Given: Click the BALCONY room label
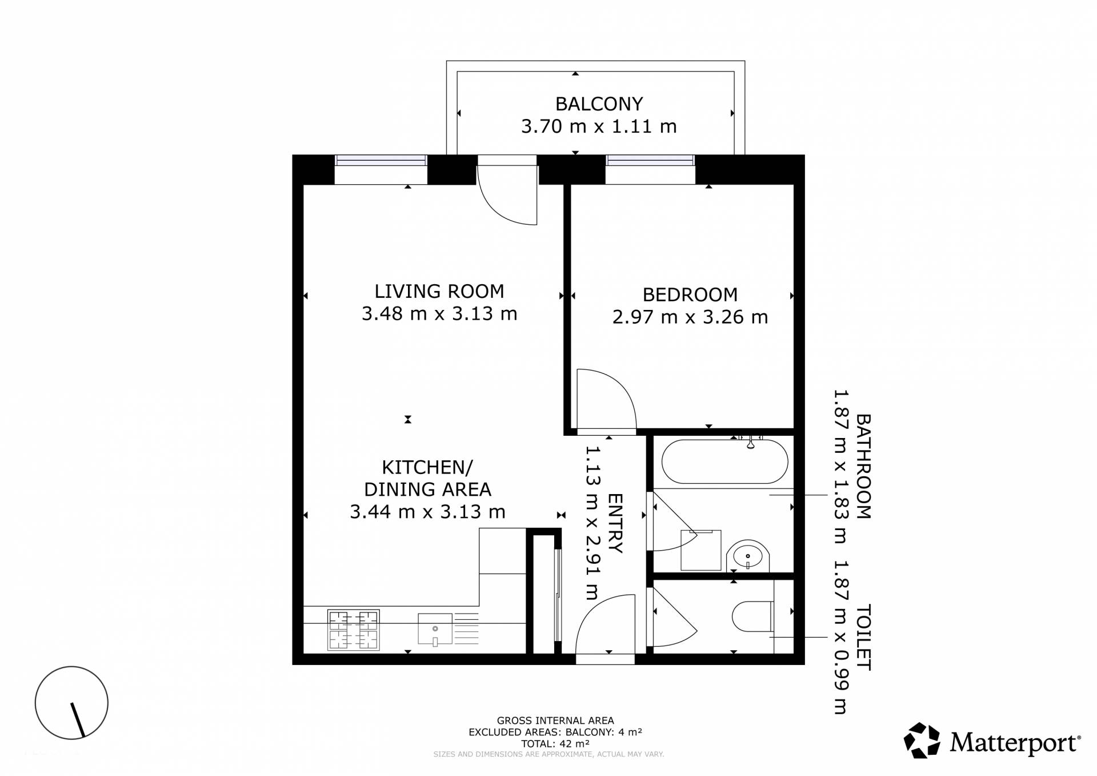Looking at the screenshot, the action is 599,104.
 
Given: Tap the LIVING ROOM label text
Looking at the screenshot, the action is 439,292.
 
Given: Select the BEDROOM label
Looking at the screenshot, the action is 690,295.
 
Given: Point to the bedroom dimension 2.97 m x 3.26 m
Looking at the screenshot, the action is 690,317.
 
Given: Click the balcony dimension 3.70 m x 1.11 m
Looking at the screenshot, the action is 599,126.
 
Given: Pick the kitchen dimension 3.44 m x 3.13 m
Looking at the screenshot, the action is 427,512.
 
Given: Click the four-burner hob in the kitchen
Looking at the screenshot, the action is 353,630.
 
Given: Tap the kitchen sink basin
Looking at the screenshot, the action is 435,628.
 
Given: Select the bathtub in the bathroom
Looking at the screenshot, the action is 724,461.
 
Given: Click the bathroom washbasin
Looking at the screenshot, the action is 748,556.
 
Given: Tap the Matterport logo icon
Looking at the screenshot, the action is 922,741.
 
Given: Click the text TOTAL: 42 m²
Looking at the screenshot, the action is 555,744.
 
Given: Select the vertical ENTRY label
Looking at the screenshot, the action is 616,523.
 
